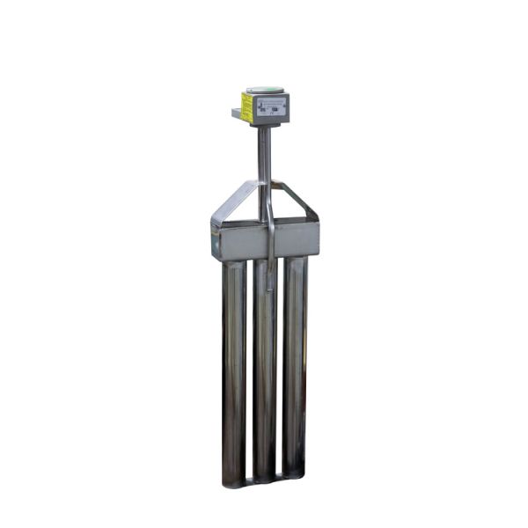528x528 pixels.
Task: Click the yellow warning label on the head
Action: pos(247,108)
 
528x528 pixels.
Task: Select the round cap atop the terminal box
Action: pos(265,89)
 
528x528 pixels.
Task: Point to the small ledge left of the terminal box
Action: pos(237,114)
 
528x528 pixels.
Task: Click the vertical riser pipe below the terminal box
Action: pos(263,154)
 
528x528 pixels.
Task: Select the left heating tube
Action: pos(234,370)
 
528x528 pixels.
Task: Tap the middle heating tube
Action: pos(265,370)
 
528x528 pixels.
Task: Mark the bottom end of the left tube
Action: pos(234,480)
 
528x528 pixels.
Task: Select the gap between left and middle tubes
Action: pos(250,370)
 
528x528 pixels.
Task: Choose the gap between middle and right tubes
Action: pos(281,370)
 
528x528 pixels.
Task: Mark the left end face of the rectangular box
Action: pos(215,240)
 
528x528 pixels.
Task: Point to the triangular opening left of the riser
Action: pos(244,208)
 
